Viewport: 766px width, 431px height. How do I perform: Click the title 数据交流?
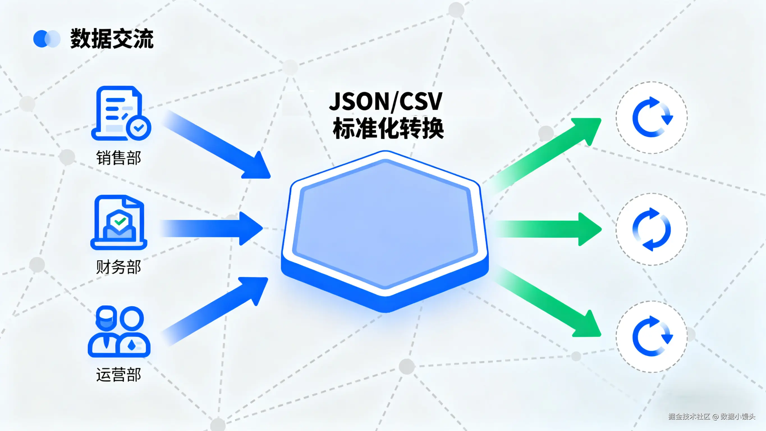(x=112, y=39)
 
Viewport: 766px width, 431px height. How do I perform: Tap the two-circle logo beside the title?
(x=47, y=39)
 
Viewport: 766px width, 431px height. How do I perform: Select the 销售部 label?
(x=118, y=158)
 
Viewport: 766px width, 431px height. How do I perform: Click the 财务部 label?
(x=118, y=267)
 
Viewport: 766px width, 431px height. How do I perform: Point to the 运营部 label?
(x=118, y=375)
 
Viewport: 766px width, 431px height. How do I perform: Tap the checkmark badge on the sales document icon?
(x=139, y=128)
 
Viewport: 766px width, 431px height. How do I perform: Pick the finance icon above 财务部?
(x=119, y=222)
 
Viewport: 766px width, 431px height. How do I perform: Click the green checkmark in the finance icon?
(x=120, y=221)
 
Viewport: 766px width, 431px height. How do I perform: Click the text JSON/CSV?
(x=386, y=101)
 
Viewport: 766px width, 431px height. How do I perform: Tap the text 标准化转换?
(x=388, y=129)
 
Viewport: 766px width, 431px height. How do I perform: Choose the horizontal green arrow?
(x=547, y=229)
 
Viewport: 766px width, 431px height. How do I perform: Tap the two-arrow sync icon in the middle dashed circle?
(x=652, y=229)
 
